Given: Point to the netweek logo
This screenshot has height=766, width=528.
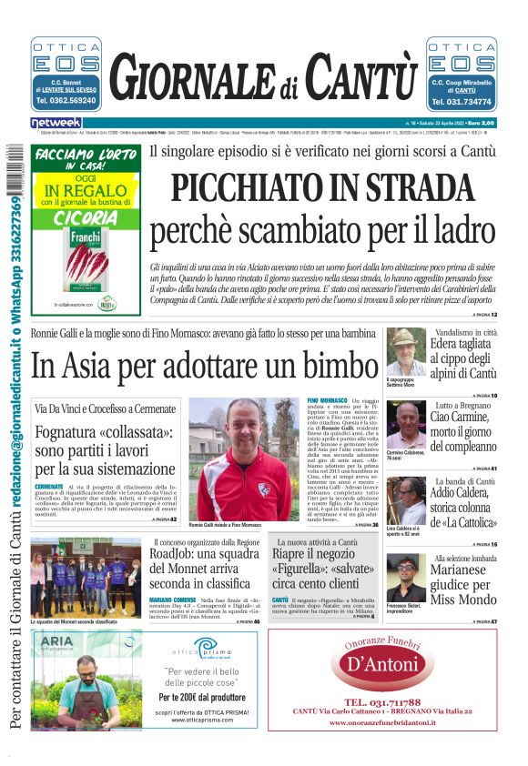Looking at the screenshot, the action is click(56, 123).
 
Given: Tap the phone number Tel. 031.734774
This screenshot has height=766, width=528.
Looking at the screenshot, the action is click(462, 102).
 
